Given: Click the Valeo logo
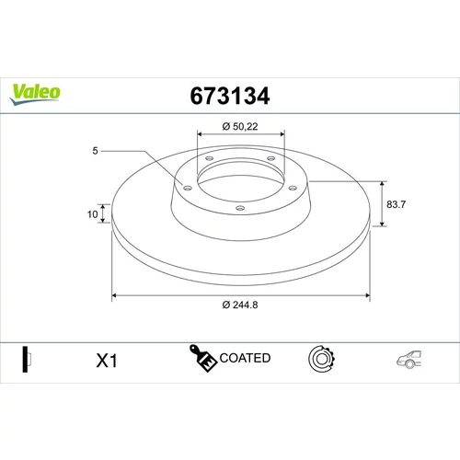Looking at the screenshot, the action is point(35,94).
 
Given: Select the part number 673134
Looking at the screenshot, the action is point(230,96).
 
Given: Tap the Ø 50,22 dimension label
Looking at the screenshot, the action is point(240,126).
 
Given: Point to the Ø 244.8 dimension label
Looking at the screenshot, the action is point(240,305).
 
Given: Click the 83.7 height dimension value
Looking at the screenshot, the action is point(396,204).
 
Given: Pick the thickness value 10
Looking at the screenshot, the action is point(92,214).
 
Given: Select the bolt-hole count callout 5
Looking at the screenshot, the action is point(95,151).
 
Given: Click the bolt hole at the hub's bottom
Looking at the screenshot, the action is point(240,208).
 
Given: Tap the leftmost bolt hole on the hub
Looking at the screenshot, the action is point(188,188).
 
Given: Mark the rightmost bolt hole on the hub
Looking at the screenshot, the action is point(293,188).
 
